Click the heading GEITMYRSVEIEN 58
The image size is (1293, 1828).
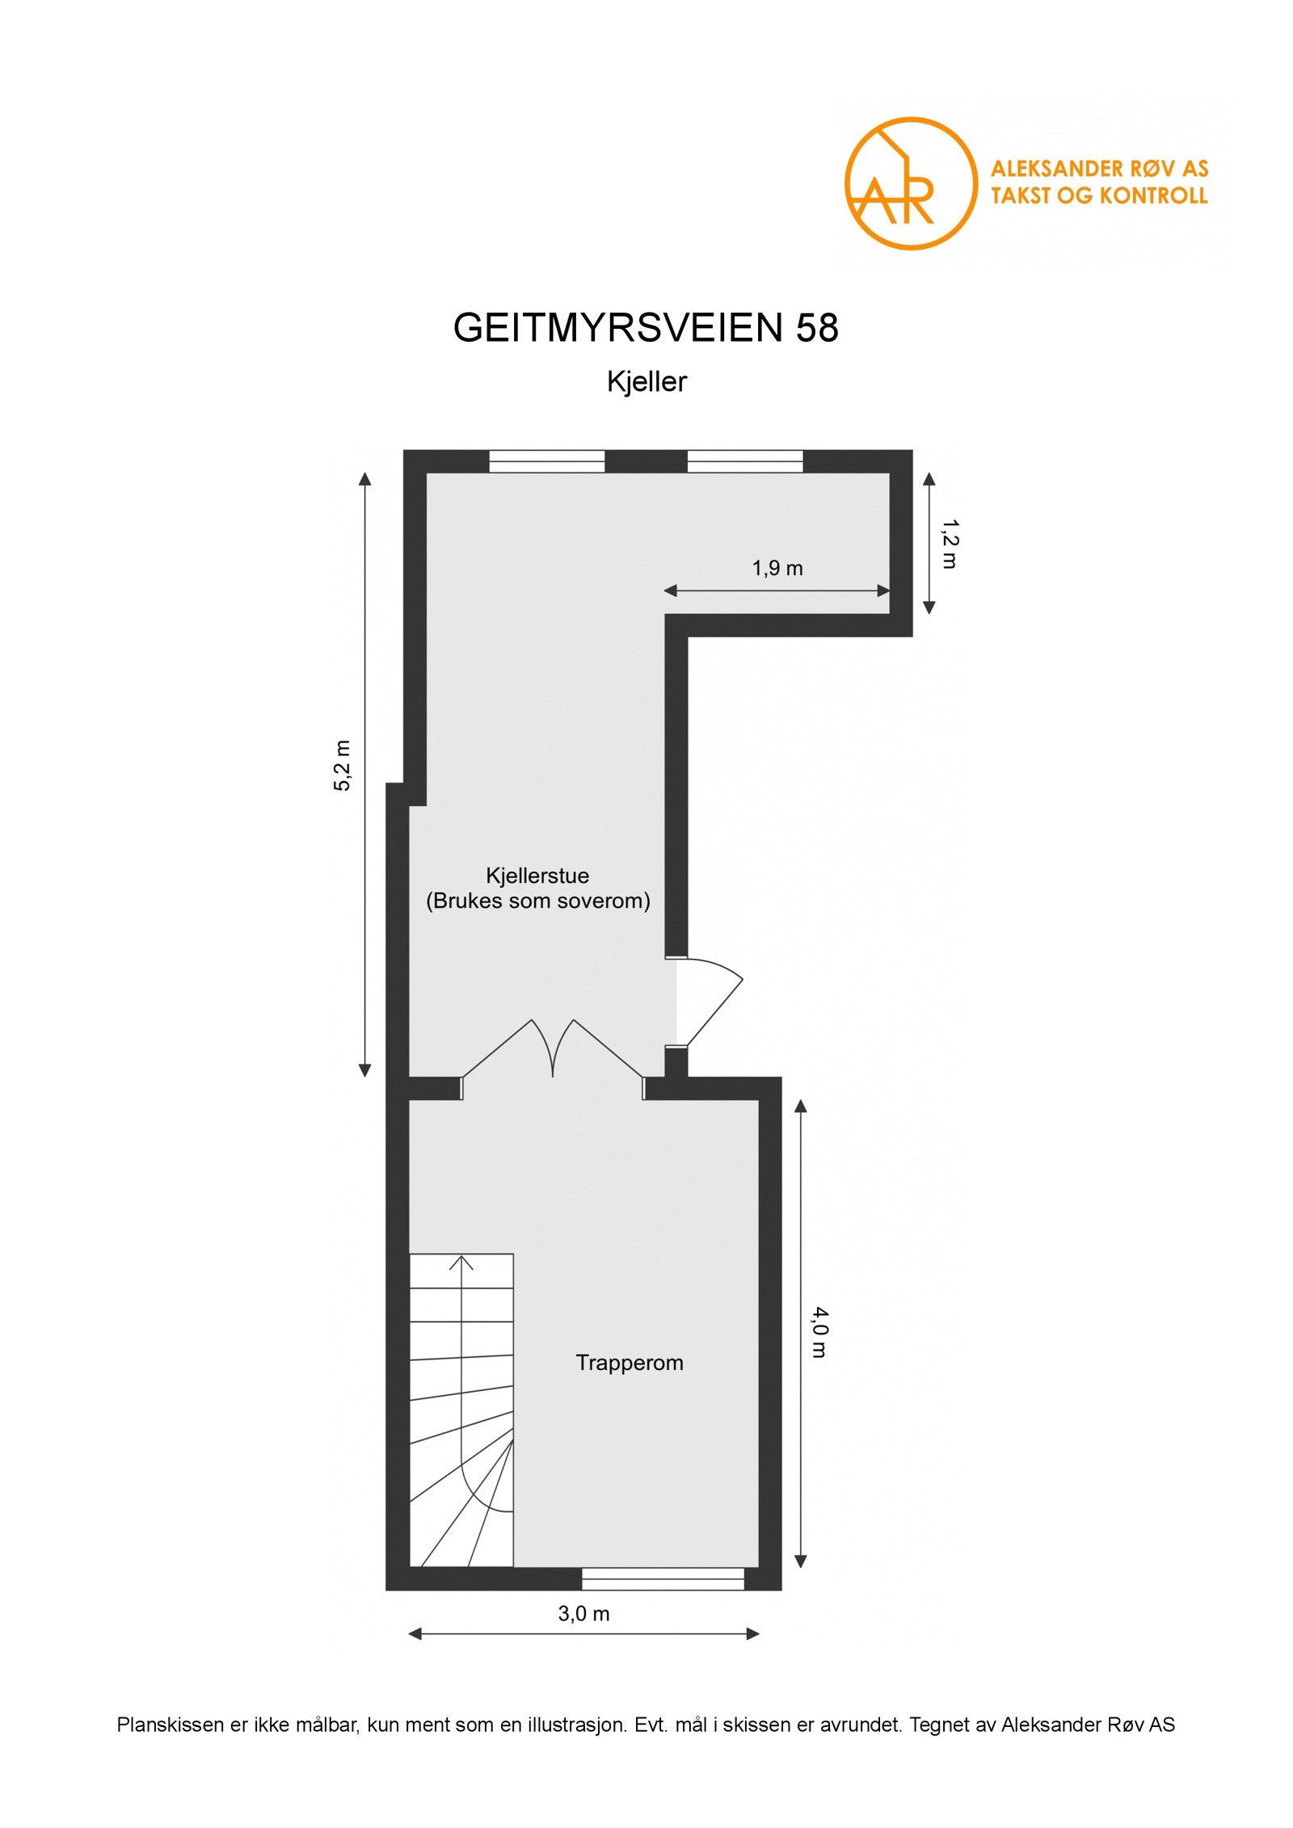646,328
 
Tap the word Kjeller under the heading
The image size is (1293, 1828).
646,381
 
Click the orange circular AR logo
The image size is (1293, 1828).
910,183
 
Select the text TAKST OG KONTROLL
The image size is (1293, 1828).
1099,195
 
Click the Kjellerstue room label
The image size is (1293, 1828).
537,875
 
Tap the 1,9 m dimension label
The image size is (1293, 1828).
777,568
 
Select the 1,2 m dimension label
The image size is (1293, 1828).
950,544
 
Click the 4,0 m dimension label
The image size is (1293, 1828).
819,1332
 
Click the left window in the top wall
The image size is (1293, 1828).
547,461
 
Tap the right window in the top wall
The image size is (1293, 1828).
745,461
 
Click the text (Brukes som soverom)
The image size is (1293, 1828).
538,901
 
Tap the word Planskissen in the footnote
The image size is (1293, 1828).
170,1724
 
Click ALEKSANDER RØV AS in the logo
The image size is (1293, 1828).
1099,169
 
